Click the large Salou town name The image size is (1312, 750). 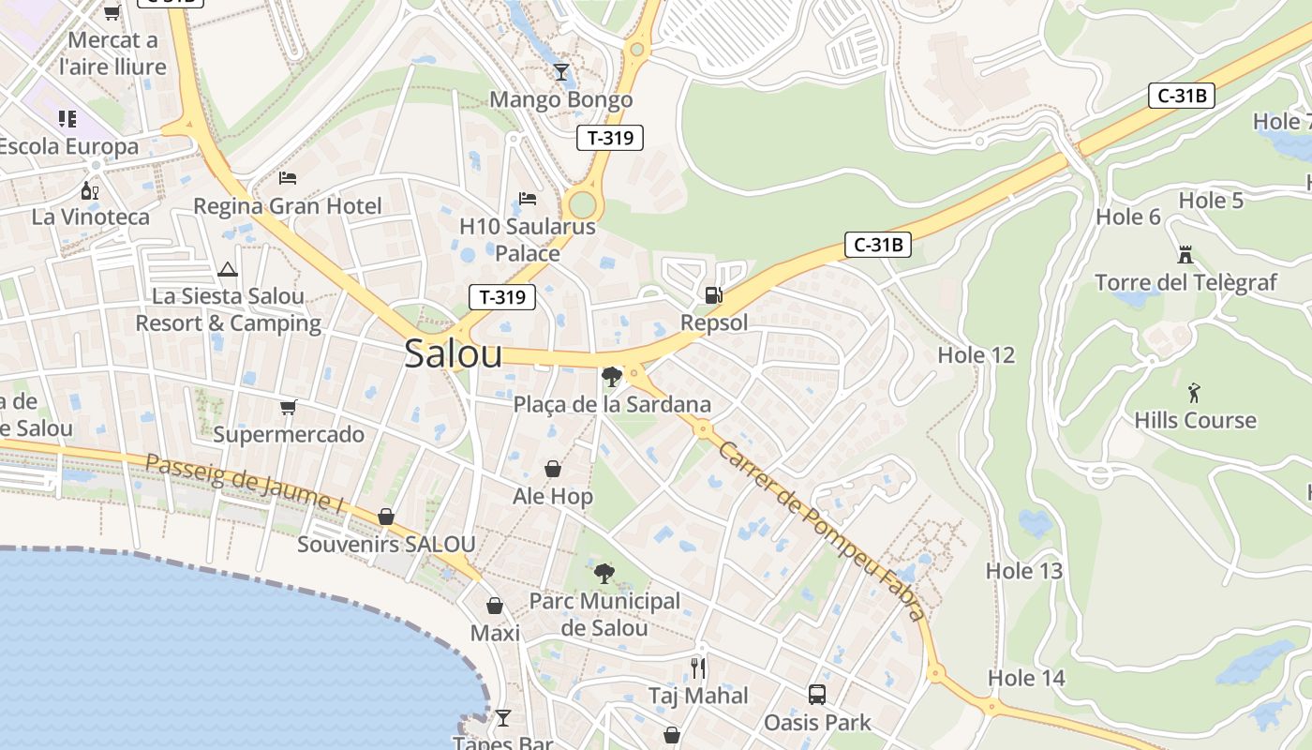coord(453,353)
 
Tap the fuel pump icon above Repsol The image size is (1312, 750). coord(714,295)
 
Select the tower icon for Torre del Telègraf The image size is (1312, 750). coord(1185,254)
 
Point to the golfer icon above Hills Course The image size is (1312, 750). coord(1194,392)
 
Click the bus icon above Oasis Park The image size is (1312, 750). coord(817,695)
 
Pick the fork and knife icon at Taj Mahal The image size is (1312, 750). coord(699,667)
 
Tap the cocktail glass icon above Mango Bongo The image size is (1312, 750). coord(561,71)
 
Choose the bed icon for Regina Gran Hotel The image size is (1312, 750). coord(288,177)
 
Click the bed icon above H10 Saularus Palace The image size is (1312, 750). coord(528,199)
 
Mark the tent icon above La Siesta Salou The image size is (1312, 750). coord(228,270)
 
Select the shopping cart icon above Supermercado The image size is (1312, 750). coord(289,407)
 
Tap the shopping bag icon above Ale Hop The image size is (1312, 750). coord(553,469)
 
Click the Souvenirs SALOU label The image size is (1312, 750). coord(386,544)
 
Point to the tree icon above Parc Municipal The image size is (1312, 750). coord(604,573)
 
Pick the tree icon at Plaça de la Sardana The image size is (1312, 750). coord(612,377)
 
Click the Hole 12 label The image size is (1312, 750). coord(976,355)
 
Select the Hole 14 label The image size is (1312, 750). coord(1026,678)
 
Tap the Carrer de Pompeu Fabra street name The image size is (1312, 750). coord(821,530)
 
